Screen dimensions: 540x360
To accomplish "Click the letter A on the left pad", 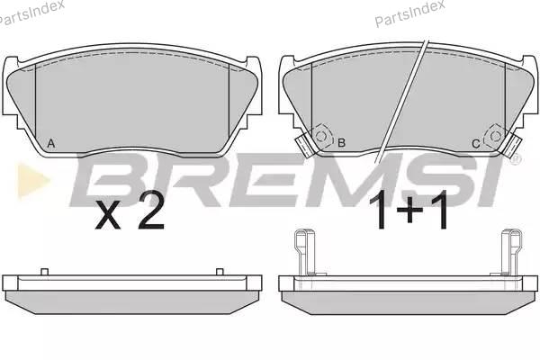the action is tap(51, 143).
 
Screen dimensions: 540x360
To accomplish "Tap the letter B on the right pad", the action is tap(342, 142).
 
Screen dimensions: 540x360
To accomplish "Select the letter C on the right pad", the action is tap(475, 144).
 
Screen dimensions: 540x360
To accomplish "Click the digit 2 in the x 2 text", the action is tap(151, 213).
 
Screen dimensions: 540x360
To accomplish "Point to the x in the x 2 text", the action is tap(108, 218).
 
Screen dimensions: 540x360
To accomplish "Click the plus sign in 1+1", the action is tap(409, 210).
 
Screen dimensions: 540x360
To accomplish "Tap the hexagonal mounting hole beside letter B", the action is tap(321, 137).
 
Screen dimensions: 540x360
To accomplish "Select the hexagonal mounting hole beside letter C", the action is tap(495, 137).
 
